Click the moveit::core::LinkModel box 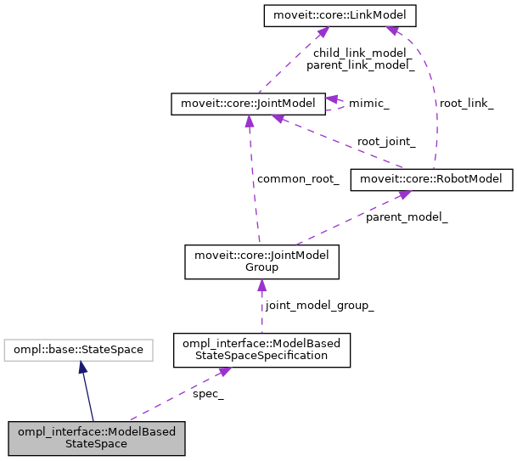pos(328,15)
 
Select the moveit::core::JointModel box pos(247,104)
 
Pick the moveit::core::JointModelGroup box pos(262,261)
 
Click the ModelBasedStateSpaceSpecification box pos(261,351)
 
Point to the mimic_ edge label pos(369,104)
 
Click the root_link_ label pos(466,104)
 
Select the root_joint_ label pos(386,142)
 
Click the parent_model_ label pos(407,217)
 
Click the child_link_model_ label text pos(360,52)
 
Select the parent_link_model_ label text pos(360,65)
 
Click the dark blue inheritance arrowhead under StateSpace pos(81,366)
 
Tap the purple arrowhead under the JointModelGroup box pos(261,286)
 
